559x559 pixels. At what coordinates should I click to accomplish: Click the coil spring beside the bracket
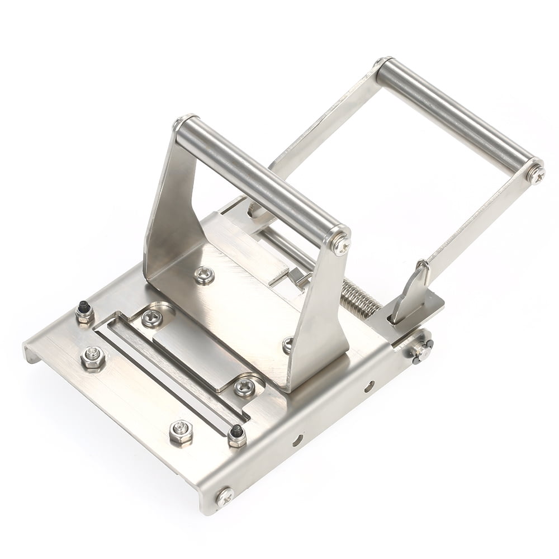pos(361,297)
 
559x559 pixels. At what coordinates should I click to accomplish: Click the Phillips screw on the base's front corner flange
pos(224,496)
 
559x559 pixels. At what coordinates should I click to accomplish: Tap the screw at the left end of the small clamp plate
pos(151,319)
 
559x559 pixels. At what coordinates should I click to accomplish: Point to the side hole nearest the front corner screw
pos(297,439)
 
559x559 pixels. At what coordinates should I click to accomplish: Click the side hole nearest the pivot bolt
pos(369,386)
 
